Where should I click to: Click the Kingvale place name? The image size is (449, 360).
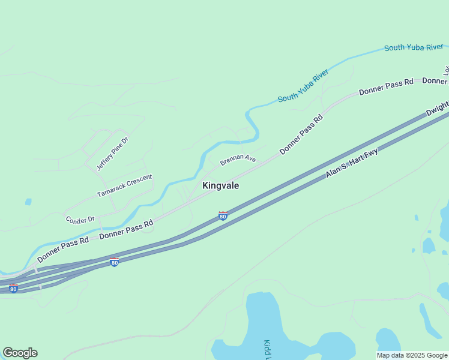[x=221, y=186]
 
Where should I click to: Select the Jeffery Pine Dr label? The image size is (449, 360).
[x=113, y=153]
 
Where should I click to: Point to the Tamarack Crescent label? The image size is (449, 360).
[x=125, y=186]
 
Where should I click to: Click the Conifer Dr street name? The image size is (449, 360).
[x=80, y=220]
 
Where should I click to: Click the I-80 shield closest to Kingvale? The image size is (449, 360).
[x=223, y=215]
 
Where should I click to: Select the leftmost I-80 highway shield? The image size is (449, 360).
[x=13, y=289]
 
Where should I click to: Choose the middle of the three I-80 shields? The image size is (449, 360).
[x=114, y=262]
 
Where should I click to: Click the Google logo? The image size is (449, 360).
[x=20, y=353]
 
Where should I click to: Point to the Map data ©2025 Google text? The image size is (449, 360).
[x=412, y=355]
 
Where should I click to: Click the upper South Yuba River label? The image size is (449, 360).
[x=414, y=47]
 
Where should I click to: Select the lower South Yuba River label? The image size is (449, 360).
[x=303, y=86]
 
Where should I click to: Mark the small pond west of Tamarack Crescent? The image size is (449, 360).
[x=28, y=202]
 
